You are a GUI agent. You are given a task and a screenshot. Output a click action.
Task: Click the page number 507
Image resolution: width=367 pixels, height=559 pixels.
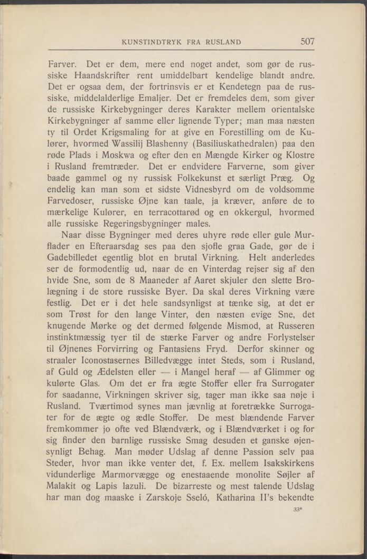[307, 41]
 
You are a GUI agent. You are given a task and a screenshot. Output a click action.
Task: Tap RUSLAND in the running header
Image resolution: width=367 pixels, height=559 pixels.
[223, 42]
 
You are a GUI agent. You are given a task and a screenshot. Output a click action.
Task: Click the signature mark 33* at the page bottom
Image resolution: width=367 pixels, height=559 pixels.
[297, 510]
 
